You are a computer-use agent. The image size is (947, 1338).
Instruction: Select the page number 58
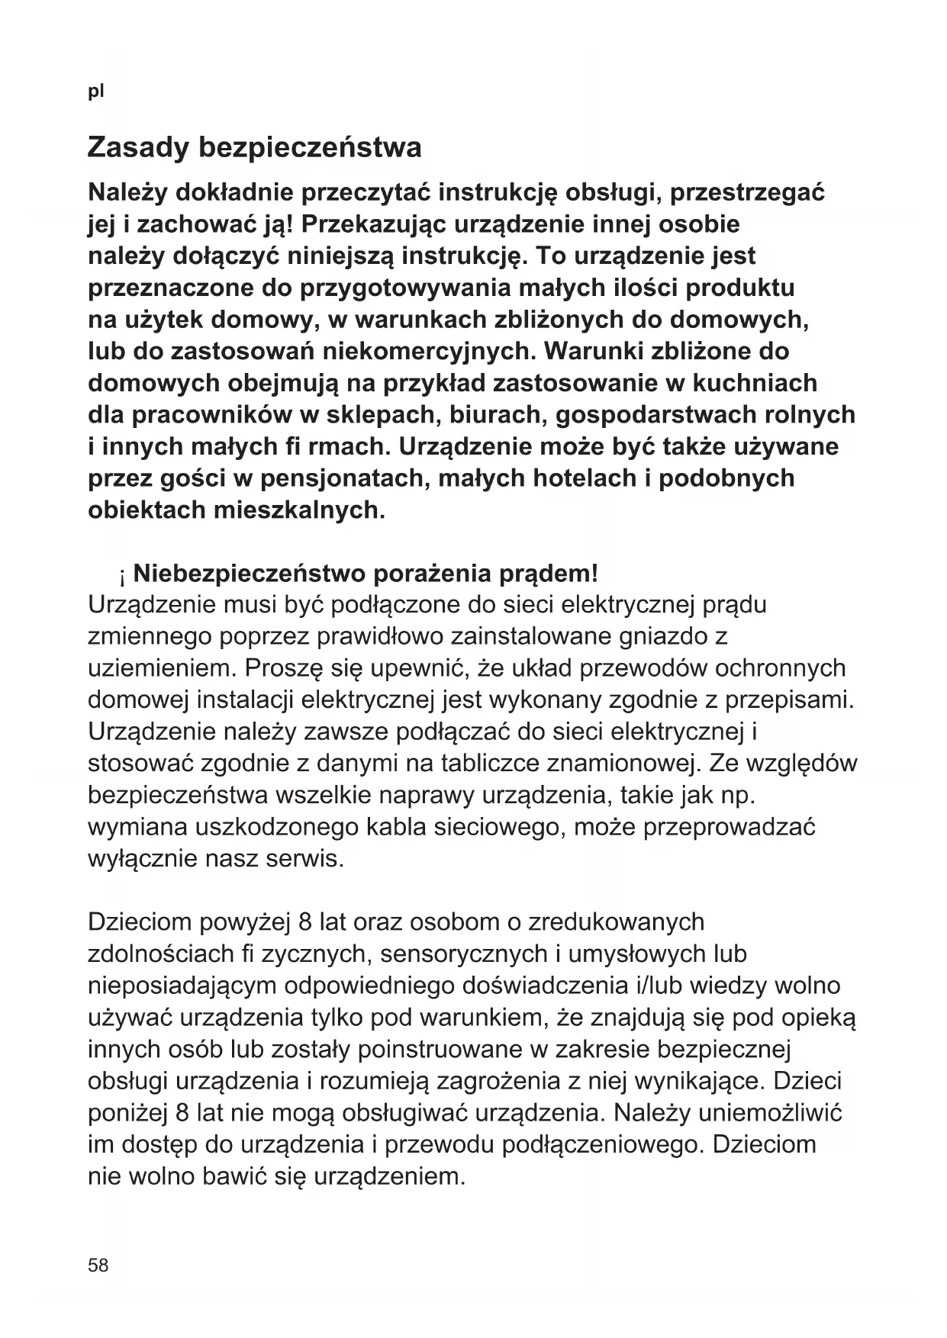tap(98, 1266)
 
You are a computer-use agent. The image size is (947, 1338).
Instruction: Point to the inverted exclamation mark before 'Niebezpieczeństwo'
tap(121, 574)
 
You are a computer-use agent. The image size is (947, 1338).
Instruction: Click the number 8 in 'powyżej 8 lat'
tap(305, 922)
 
